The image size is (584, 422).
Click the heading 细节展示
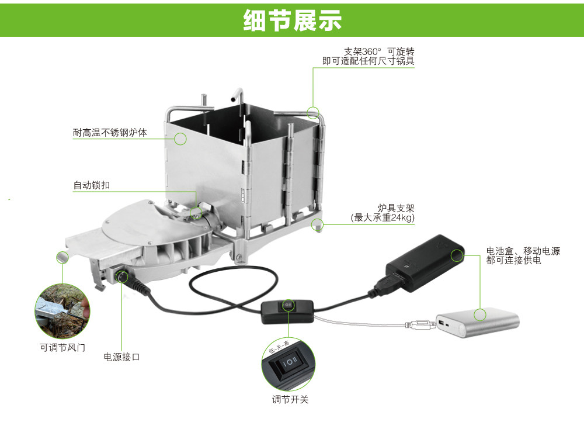pyautogui.click(x=292, y=20)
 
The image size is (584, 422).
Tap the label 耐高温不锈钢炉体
pyautogui.click(x=110, y=133)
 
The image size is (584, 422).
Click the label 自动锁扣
pyautogui.click(x=92, y=186)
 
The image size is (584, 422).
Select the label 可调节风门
pyautogui.click(x=62, y=347)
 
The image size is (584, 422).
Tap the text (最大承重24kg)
pyautogui.click(x=383, y=218)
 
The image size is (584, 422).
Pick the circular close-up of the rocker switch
pyautogui.click(x=287, y=365)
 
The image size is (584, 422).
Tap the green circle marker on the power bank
pyautogui.click(x=480, y=315)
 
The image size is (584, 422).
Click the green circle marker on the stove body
pyautogui.click(x=180, y=139)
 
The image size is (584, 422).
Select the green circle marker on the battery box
pyautogui.click(x=457, y=254)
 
